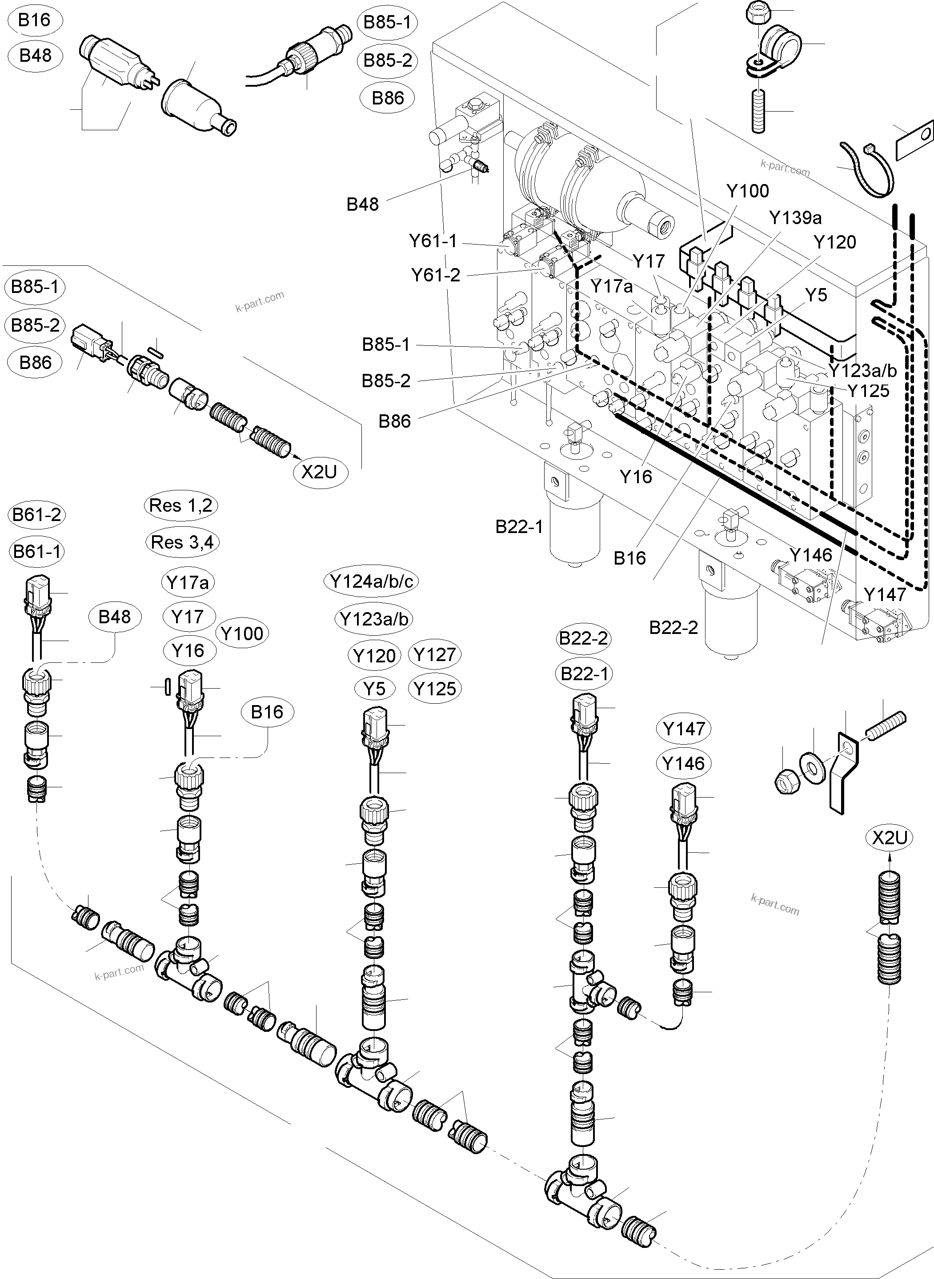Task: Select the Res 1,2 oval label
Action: click(180, 505)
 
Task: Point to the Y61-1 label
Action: click(433, 241)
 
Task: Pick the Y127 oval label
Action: click(434, 655)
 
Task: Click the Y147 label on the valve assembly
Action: click(885, 595)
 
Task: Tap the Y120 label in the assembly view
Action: click(834, 243)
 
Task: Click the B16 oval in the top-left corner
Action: click(35, 20)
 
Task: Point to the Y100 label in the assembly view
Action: click(747, 191)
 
